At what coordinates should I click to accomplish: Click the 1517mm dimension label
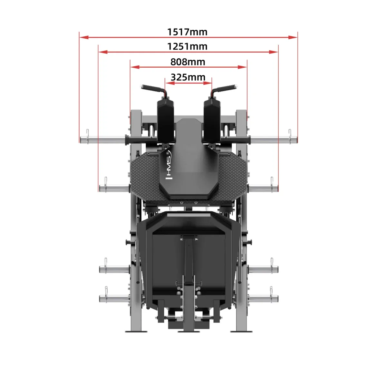coord(187,32)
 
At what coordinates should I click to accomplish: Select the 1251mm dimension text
coord(187,46)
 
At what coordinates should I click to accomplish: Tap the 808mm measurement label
coord(188,62)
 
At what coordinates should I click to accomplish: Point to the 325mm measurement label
coord(188,77)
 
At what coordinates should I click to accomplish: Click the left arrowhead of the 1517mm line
coord(84,37)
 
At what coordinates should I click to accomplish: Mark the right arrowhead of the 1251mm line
coord(274,52)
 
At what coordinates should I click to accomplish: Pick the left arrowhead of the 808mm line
coord(135,67)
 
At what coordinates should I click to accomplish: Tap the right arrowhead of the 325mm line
coord(208,83)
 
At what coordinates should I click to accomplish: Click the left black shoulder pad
coord(166,122)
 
